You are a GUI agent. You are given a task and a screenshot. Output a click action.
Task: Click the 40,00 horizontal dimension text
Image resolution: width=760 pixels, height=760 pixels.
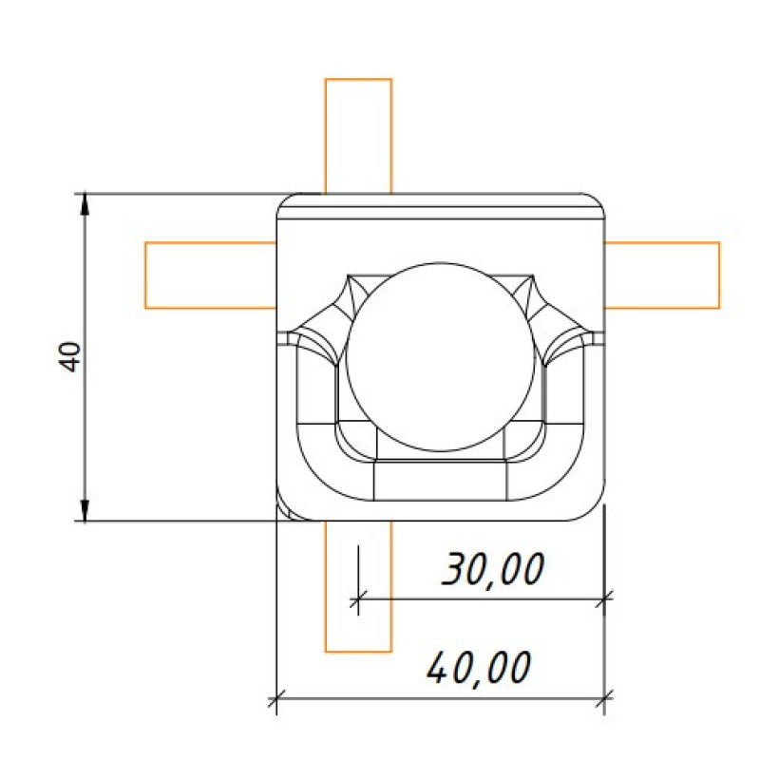click(479, 669)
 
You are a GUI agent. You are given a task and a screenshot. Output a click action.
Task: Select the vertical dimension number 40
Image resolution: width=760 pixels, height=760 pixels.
click(69, 357)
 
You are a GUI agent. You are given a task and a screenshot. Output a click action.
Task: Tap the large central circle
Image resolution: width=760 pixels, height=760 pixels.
click(441, 357)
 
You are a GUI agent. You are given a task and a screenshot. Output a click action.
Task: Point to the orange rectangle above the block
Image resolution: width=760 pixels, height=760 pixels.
click(358, 136)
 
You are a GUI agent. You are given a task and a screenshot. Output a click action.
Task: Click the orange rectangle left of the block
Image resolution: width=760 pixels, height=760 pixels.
click(211, 275)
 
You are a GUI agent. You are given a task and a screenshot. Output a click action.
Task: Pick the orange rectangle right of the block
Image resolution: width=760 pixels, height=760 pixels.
click(662, 275)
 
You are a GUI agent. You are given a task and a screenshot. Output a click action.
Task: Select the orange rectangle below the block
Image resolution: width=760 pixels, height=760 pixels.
click(358, 586)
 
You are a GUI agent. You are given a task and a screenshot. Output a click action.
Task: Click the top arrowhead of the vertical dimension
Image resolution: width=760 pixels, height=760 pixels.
click(85, 203)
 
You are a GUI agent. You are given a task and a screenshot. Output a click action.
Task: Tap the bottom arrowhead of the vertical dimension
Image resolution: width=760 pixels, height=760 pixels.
click(85, 510)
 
